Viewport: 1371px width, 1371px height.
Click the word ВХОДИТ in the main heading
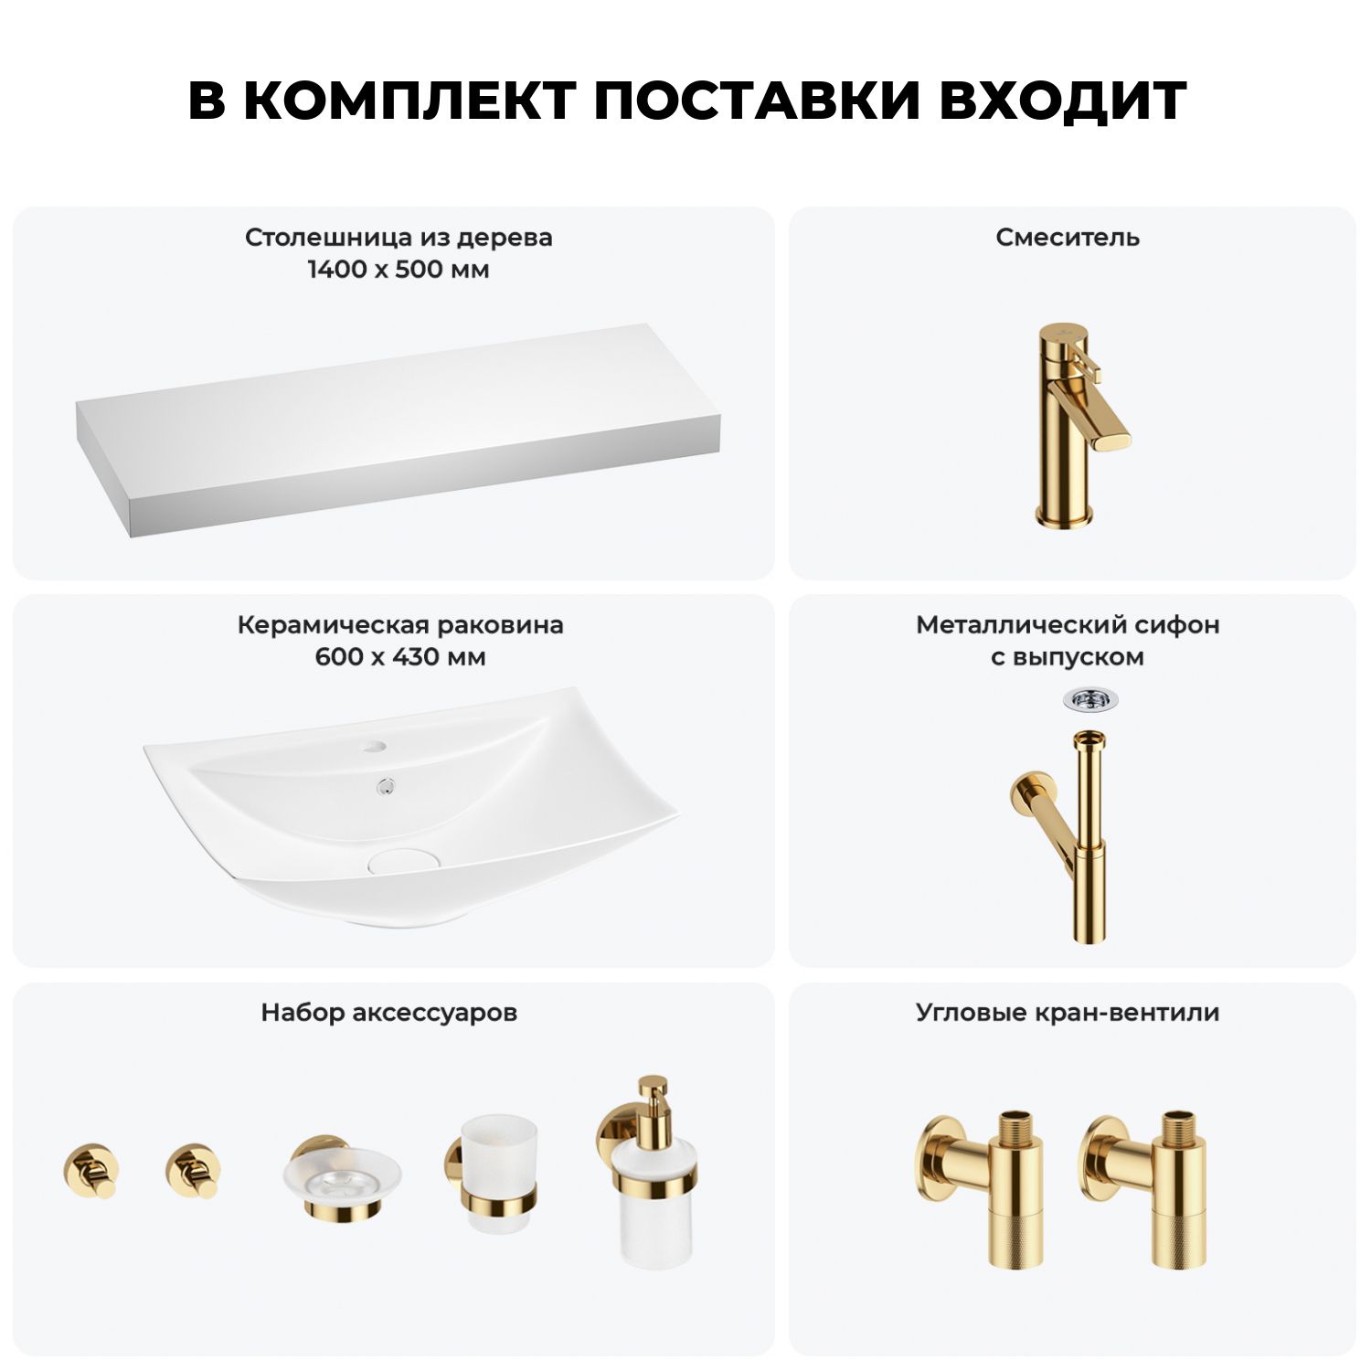coord(1062,101)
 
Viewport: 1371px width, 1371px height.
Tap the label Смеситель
coord(1068,238)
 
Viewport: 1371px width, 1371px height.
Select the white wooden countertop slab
coord(399,430)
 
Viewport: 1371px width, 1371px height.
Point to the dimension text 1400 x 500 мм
coord(399,270)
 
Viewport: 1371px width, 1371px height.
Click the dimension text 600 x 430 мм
coord(400,657)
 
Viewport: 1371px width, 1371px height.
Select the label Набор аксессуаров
coord(389,1013)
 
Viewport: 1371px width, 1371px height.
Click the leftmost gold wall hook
coord(90,1170)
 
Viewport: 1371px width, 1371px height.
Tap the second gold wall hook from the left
coord(193,1170)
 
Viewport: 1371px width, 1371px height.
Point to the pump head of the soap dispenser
coord(653,1098)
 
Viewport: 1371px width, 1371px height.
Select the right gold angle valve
coord(1143,1188)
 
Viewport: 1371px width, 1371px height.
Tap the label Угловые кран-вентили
coord(1068,1013)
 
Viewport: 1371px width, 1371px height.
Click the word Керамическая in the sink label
coord(333,625)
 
